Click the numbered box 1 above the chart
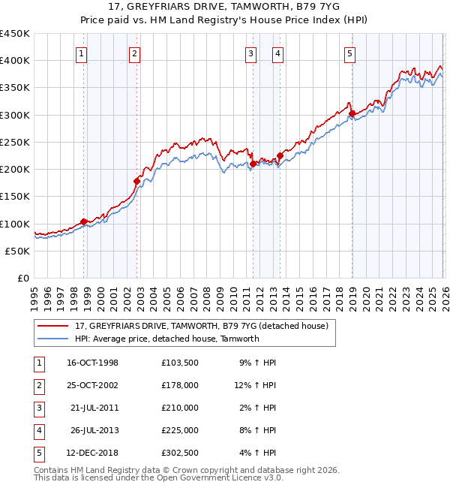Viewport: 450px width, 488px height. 81,53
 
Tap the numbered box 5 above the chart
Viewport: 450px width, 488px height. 350,53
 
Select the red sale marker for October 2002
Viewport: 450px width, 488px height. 136,181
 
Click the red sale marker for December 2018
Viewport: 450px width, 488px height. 352,114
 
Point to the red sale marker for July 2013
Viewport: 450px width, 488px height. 280,156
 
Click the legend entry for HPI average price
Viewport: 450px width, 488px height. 166,339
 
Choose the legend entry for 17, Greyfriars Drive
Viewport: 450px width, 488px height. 201,326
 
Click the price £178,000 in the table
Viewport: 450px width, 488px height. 179,384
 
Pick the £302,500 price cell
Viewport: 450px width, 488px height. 179,452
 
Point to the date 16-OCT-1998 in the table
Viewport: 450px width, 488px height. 92,362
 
